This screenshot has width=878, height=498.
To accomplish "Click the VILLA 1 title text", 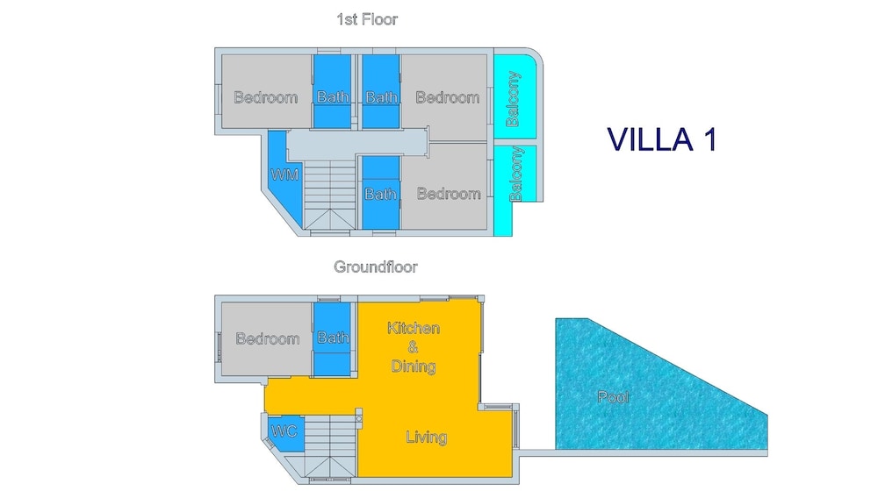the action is coord(662,139).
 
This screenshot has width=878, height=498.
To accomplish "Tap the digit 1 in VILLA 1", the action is coord(710,139).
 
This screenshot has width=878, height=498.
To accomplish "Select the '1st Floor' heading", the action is coord(367,19).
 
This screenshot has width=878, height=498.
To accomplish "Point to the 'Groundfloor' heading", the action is coord(375,267).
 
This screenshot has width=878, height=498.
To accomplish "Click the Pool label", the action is coord(613,397).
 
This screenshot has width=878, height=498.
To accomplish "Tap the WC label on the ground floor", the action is coord(284,431).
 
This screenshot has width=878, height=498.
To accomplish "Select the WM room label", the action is coord(285,174).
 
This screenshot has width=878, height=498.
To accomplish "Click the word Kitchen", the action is coord(414,328).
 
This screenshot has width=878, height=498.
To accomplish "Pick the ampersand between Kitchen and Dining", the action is coord(413,347).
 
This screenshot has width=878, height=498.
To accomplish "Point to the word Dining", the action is coord(414,366).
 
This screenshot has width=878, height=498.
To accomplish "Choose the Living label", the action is coord(426,437).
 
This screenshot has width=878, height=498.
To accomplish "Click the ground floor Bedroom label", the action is coord(267,338).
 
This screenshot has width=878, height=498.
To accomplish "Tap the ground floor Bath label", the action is coord(333,337).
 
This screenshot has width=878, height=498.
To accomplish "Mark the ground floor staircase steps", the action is coord(330,446).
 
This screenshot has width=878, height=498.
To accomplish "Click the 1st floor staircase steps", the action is coord(330,195).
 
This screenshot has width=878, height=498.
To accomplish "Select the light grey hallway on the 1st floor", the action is coord(356,144).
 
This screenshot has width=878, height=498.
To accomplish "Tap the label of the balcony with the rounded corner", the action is coord(513,98).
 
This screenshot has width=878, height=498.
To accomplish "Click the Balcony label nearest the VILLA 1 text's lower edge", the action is coord(515,174).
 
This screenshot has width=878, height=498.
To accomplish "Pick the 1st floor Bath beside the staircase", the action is coord(380,194).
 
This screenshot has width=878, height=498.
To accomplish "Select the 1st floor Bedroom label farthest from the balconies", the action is coord(265,97).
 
